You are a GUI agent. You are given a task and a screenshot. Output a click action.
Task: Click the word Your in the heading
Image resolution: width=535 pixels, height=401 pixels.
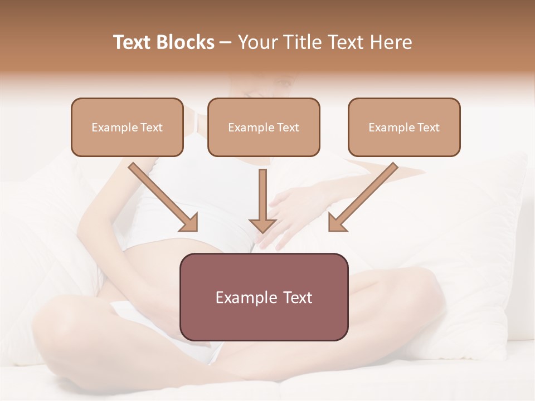[259, 42]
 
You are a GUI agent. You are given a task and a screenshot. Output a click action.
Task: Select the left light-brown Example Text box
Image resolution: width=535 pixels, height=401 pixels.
[127, 127]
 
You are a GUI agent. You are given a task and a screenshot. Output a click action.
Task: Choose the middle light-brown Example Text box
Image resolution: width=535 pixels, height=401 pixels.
[264, 127]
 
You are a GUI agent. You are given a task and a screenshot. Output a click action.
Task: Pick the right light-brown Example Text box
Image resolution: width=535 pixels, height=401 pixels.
[404, 127]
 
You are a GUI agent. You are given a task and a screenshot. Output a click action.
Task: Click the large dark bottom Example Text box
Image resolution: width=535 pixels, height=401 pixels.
[264, 297]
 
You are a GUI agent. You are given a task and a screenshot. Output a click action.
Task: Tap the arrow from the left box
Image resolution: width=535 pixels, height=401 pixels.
[162, 196]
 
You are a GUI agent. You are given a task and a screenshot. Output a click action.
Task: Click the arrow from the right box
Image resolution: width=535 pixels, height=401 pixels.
[365, 196]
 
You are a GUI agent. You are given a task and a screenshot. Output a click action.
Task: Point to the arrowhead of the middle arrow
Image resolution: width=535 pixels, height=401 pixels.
[262, 225]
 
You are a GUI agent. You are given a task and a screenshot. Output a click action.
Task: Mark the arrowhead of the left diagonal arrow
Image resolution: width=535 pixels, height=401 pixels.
[190, 223]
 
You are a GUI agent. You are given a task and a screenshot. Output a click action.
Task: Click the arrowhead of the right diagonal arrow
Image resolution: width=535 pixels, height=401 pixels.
[337, 223]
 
